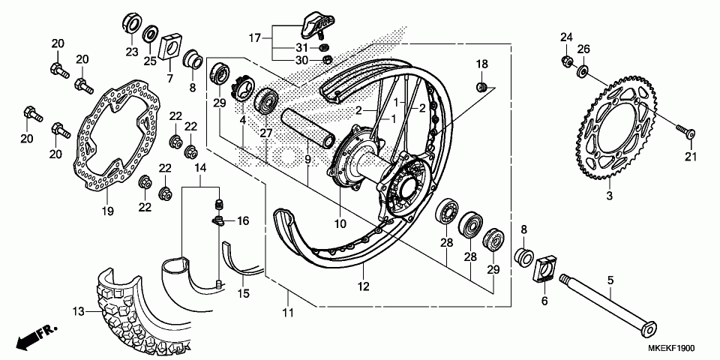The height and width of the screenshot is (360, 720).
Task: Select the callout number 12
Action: (x=363, y=286)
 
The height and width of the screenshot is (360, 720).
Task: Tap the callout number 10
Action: (x=340, y=223)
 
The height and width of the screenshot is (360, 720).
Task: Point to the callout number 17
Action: (x=255, y=37)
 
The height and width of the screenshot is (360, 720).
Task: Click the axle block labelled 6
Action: (x=545, y=271)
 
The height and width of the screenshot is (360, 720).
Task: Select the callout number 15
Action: (x=244, y=294)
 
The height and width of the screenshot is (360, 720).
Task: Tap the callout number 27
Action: (x=264, y=132)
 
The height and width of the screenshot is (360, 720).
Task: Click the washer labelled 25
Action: (x=151, y=34)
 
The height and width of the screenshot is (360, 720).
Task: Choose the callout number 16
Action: (x=242, y=221)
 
